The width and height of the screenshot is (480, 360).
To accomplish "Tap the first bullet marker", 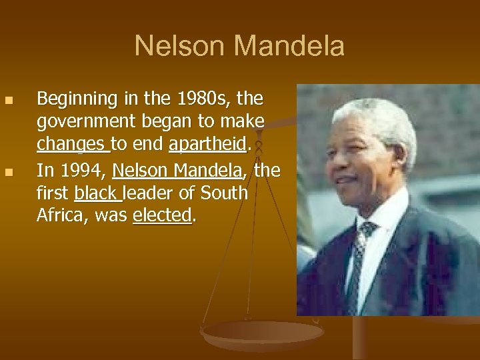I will click(x=9, y=101).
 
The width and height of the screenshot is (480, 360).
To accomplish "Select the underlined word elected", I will click(x=162, y=215).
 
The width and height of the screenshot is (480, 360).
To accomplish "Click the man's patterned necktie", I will click(x=358, y=260).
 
